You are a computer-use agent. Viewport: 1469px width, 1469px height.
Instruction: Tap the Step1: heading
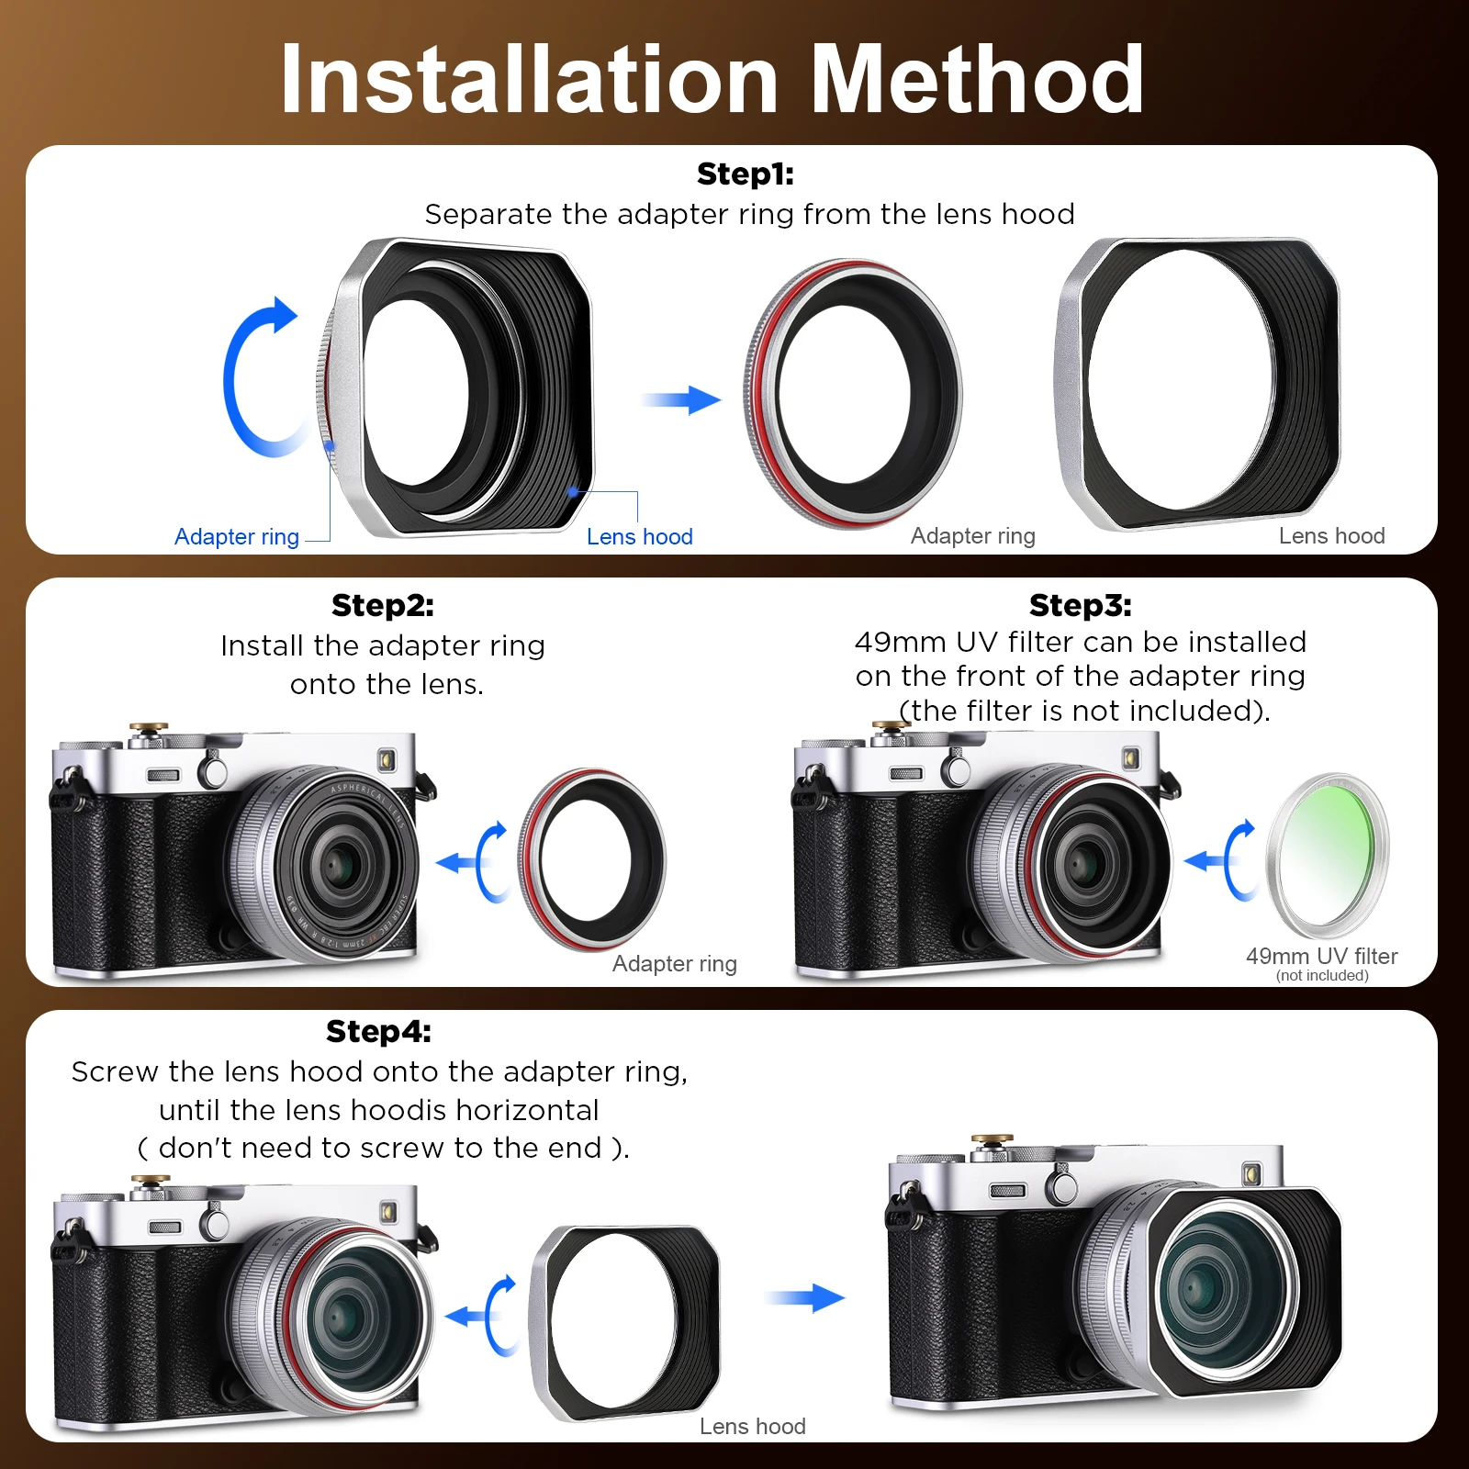point(745,174)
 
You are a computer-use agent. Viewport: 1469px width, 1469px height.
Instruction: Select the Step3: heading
point(1080,606)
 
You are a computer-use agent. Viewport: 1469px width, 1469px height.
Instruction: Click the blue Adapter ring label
point(237,537)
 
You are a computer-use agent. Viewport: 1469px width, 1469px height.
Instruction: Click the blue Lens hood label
point(639,537)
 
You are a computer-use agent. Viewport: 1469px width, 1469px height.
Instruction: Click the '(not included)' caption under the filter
point(1321,976)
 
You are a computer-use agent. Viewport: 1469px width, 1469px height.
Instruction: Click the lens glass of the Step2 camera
point(341,864)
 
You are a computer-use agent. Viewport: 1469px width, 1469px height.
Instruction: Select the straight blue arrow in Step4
point(804,1297)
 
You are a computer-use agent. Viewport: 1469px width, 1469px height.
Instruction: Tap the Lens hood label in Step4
point(752,1426)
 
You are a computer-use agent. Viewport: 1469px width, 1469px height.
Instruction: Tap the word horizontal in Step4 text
point(527,1110)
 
